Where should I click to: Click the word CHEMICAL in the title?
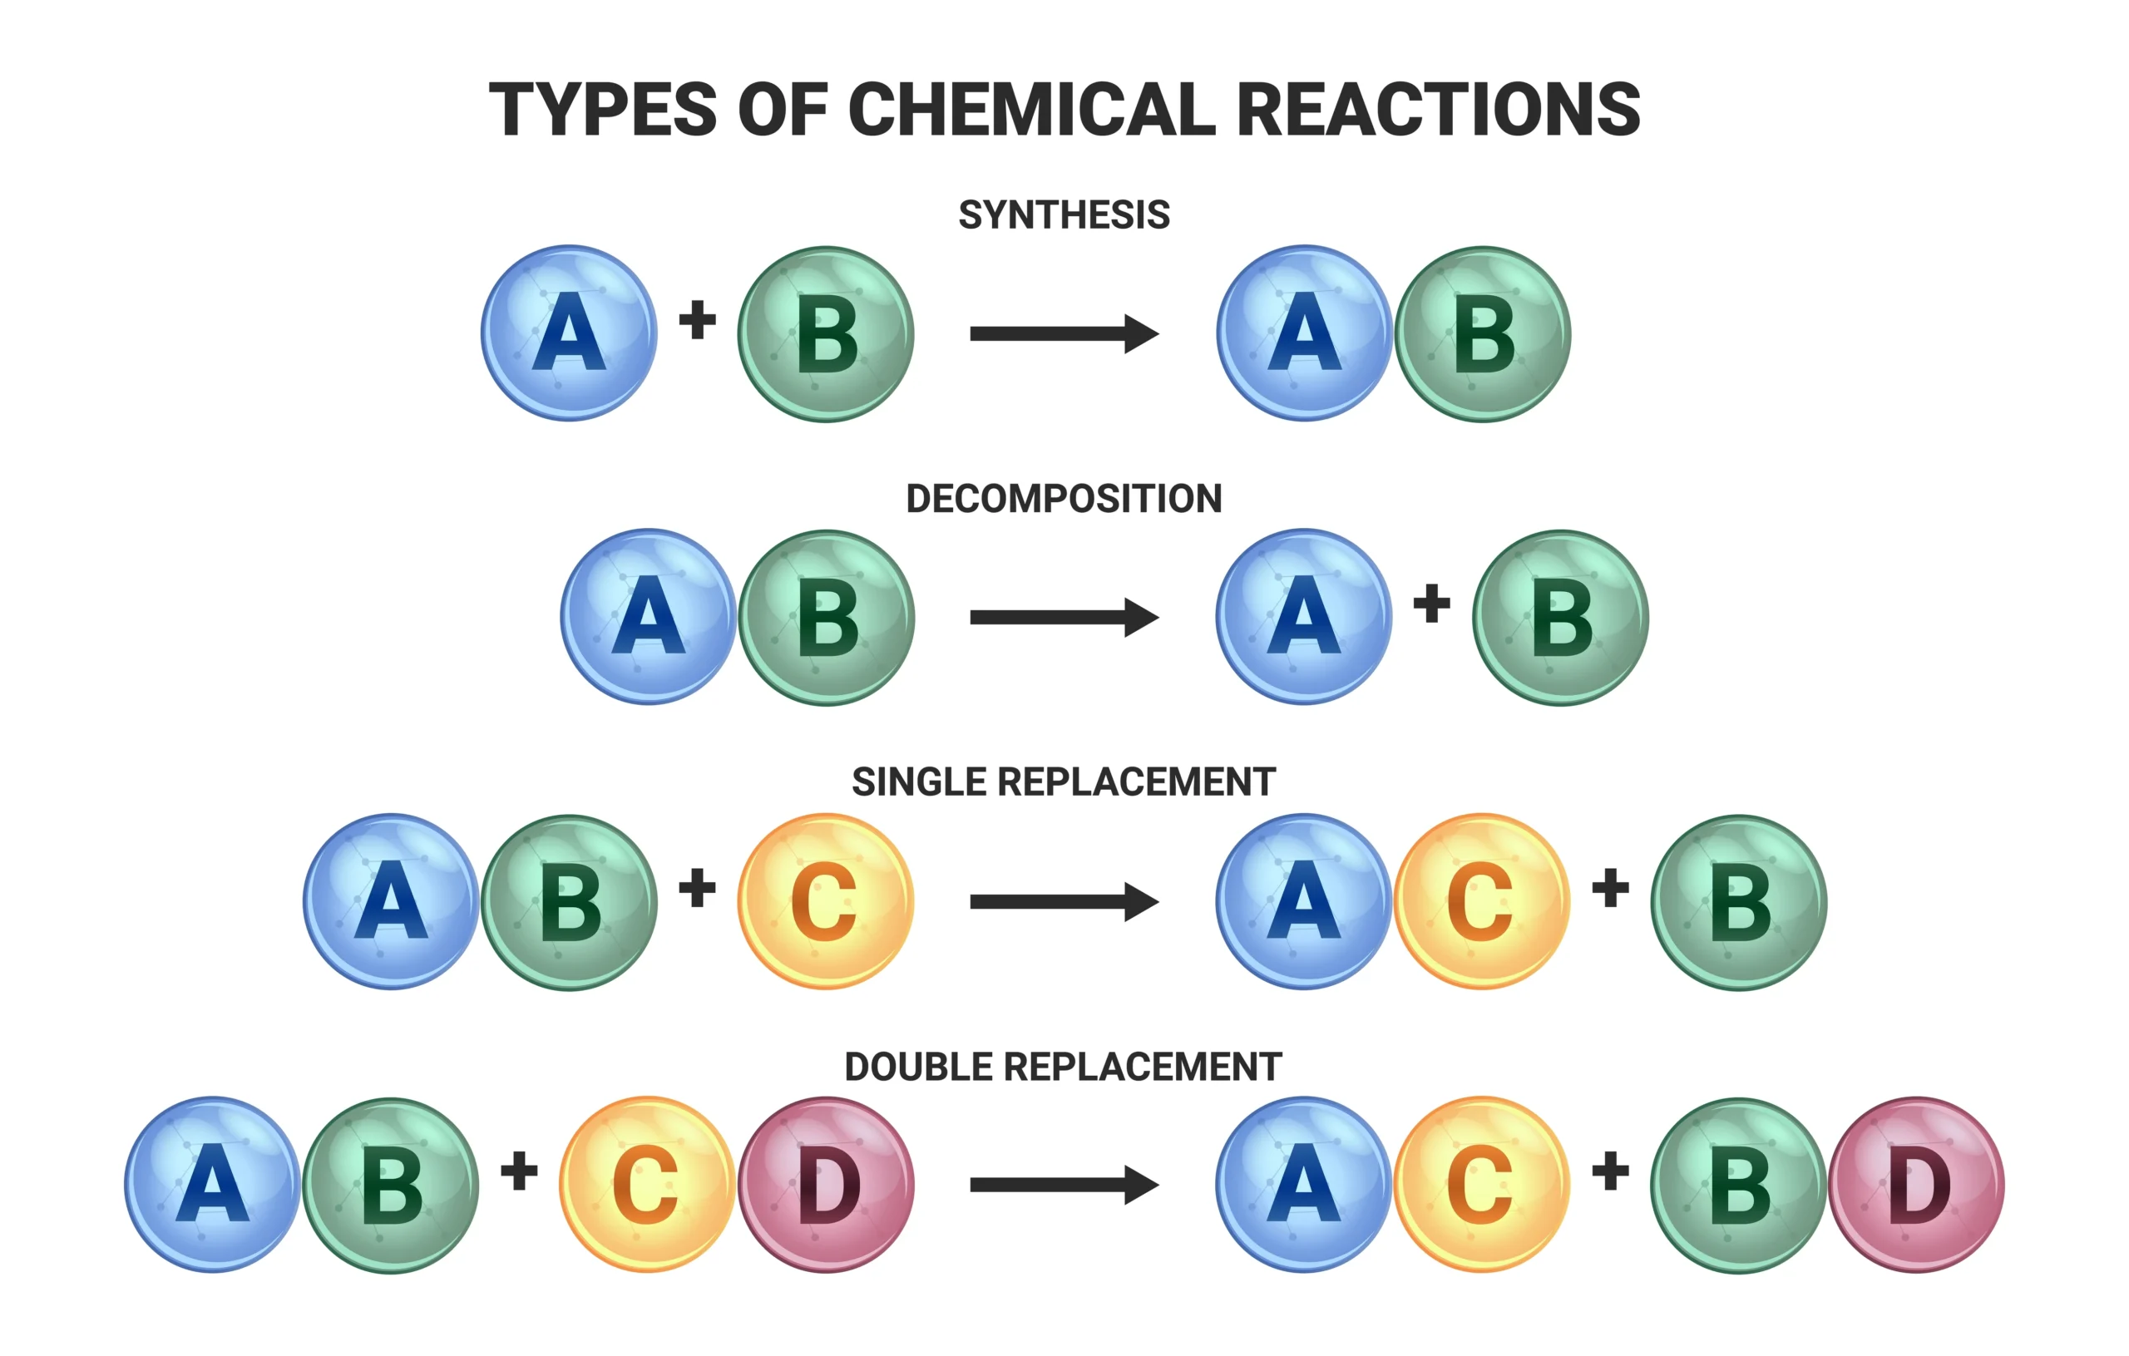click(x=1032, y=110)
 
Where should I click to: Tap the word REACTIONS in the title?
click(x=1438, y=110)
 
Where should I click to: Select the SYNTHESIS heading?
click(x=1064, y=214)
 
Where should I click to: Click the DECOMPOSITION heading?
click(x=1064, y=499)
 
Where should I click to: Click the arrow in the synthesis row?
click(x=1064, y=333)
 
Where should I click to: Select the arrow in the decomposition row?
click(x=1064, y=617)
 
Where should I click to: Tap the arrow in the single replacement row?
click(x=1064, y=901)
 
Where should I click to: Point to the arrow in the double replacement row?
click(x=1064, y=1185)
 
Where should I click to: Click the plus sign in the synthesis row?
click(x=697, y=320)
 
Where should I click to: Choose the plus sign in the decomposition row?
click(x=1431, y=604)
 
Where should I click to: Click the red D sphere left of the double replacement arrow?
click(x=826, y=1185)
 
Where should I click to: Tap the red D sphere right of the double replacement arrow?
click(x=1917, y=1185)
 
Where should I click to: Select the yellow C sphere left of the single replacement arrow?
click(x=825, y=901)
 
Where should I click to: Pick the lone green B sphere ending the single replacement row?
click(x=1738, y=901)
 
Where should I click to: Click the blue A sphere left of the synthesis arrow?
click(x=570, y=333)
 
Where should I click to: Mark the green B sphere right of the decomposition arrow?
click(x=1560, y=617)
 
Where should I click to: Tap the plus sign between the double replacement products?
click(x=1610, y=1171)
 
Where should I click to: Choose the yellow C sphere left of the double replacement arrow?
click(x=647, y=1185)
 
